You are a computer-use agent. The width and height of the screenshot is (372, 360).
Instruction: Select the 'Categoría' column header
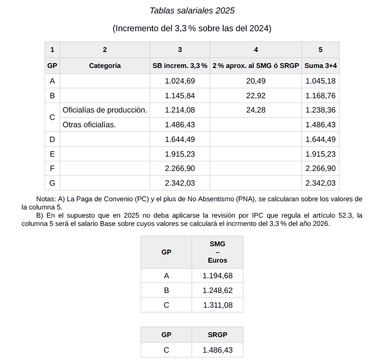pos(105,66)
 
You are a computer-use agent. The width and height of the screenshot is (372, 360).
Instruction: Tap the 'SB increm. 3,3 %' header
pos(180,66)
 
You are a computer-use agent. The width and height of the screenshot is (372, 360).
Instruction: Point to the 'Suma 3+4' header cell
pos(320,66)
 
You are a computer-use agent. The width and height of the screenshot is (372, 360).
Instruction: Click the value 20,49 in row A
pos(256,81)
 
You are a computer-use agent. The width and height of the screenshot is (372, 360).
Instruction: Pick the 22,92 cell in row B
pos(256,96)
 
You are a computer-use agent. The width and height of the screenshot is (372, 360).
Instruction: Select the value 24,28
pos(256,110)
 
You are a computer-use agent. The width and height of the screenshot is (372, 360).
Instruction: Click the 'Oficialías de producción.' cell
pos(105,110)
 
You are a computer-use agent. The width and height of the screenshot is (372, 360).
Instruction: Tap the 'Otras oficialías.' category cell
pos(89,125)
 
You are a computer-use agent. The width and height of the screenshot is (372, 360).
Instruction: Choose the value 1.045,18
pos(320,81)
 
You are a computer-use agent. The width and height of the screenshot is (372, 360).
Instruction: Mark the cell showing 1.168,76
pos(320,96)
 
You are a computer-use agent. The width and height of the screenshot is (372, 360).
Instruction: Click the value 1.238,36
pos(320,110)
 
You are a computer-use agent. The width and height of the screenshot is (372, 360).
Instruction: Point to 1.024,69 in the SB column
pos(180,81)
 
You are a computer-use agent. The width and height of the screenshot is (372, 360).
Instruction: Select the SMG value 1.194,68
pos(217,276)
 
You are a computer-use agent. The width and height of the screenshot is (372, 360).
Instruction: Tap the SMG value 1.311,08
pos(217,305)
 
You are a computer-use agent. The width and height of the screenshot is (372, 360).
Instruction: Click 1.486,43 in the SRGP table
pos(217,350)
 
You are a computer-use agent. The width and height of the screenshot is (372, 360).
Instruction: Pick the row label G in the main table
pos(52,183)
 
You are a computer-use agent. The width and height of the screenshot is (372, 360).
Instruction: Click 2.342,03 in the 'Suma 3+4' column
pos(320,183)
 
